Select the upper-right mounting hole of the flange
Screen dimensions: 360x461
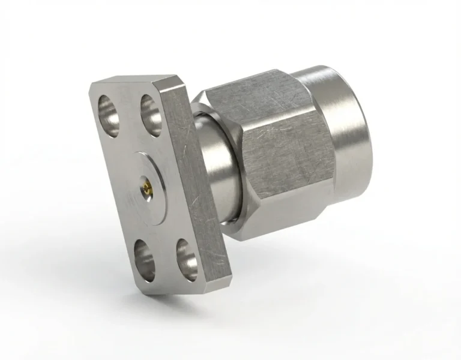(151, 109)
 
